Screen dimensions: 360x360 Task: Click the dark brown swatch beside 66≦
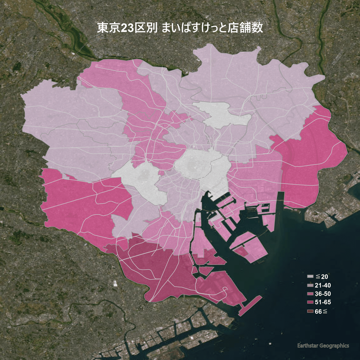click(310, 312)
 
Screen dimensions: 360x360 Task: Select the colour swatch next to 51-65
click(310, 302)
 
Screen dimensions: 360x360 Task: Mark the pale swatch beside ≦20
click(310, 277)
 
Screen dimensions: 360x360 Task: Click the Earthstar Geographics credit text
click(323, 346)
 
